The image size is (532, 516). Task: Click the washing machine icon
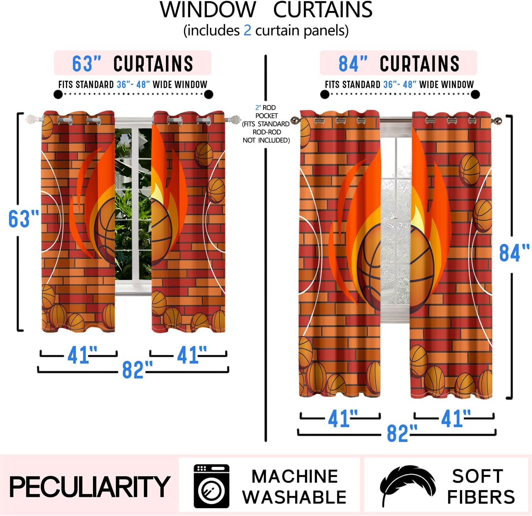tap(211, 486)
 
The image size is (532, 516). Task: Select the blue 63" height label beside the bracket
tap(23, 219)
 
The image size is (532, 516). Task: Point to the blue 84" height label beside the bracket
tap(514, 253)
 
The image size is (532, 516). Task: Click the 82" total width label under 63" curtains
tap(137, 370)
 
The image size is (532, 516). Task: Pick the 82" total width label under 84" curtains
tap(401, 433)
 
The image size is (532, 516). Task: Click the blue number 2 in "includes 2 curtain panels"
tap(247, 30)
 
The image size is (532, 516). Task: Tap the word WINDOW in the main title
tap(208, 10)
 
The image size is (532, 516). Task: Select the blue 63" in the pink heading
tap(87, 64)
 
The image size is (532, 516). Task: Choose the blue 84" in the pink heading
tap(353, 64)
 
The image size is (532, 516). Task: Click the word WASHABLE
tap(294, 497)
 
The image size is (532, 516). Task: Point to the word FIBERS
tap(481, 497)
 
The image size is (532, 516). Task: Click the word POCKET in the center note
tap(266, 116)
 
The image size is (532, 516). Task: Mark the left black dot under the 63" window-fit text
tap(58, 94)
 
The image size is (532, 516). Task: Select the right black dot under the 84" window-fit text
tap(475, 94)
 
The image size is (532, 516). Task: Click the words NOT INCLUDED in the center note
tap(266, 140)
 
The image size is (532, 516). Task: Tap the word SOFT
tap(477, 476)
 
